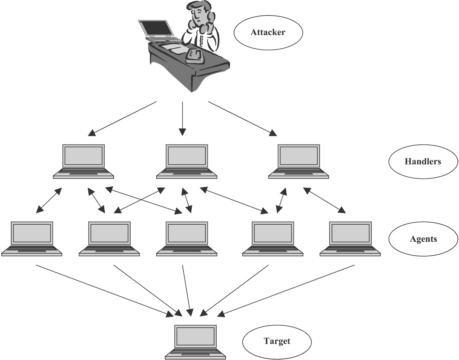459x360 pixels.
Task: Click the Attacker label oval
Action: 268,32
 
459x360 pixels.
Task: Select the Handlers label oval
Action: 423,161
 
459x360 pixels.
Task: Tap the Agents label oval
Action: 423,239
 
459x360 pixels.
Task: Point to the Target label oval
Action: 277,341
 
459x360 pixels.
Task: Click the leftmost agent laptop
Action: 32,238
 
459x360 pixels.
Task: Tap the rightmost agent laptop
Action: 350,238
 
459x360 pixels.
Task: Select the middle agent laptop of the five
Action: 187,238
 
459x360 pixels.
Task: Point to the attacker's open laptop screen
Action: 156,29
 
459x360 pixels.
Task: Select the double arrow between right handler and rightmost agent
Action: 324,200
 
